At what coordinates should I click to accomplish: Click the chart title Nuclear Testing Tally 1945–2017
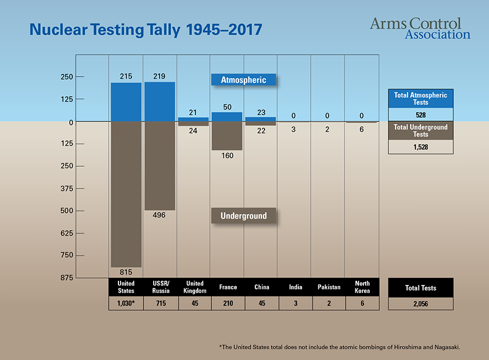(x=145, y=30)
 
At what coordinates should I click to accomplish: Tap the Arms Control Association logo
(x=419, y=28)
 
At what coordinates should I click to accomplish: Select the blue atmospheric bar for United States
(x=126, y=102)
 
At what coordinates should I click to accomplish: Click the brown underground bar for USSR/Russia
(x=160, y=166)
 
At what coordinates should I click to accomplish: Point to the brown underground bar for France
(x=227, y=136)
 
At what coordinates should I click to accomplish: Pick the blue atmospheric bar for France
(x=227, y=117)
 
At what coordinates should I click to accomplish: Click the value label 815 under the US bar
(x=126, y=271)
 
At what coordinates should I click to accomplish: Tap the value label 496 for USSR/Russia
(x=160, y=215)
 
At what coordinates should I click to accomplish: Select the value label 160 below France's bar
(x=227, y=156)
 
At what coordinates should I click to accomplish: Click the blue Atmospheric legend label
(x=243, y=80)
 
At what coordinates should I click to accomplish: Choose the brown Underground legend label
(x=243, y=216)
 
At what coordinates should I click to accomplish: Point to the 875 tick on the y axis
(x=66, y=277)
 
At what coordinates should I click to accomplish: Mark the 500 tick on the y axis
(x=66, y=211)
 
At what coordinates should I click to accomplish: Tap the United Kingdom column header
(x=194, y=287)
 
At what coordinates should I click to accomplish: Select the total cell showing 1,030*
(x=126, y=304)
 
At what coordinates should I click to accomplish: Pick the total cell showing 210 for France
(x=228, y=304)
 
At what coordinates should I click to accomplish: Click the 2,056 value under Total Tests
(x=420, y=304)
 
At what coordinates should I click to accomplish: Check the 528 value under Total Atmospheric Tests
(x=420, y=115)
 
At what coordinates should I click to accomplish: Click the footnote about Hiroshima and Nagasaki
(x=343, y=346)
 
